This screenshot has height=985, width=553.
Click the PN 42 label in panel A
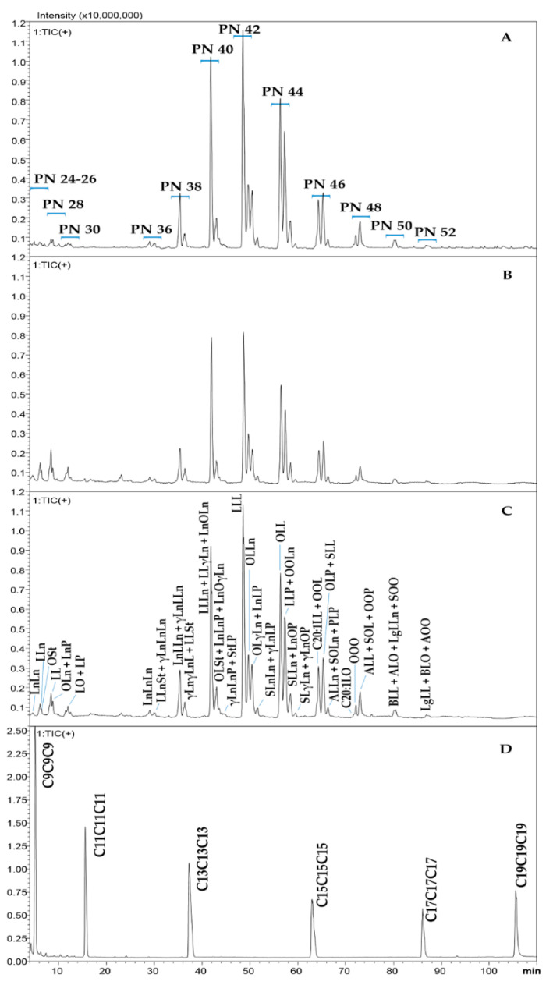click(x=239, y=29)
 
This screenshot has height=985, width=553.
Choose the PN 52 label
click(x=435, y=232)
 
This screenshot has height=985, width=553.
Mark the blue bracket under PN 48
click(x=360, y=217)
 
